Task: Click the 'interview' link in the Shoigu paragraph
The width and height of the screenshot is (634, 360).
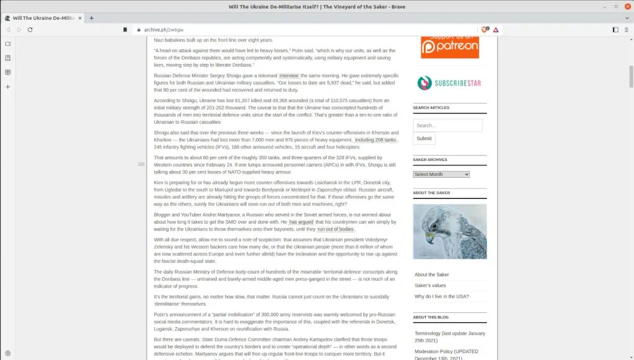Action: tap(289, 76)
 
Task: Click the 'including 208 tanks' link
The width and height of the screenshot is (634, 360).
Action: tap(375, 140)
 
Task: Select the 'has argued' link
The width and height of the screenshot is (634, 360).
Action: tap(301, 222)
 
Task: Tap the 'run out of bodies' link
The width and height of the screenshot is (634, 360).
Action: tap(335, 229)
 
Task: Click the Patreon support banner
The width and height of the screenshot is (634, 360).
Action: tap(450, 45)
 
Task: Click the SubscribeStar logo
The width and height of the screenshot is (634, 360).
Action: tap(450, 83)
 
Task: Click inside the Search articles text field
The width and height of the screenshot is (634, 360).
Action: tap(447, 125)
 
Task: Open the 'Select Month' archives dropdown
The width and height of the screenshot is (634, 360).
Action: tap(441, 174)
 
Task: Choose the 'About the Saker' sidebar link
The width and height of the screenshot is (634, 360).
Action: tap(431, 274)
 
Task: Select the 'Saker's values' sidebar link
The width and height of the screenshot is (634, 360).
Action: tap(430, 286)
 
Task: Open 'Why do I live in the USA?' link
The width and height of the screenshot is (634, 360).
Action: tap(441, 297)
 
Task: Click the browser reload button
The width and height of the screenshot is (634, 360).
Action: tap(30, 30)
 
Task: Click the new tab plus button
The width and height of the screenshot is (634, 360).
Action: tap(92, 18)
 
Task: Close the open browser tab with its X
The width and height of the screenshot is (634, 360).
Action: tap(81, 18)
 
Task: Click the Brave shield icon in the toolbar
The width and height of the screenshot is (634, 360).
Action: tap(485, 30)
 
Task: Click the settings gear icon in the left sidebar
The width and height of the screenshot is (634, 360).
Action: tap(8, 353)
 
